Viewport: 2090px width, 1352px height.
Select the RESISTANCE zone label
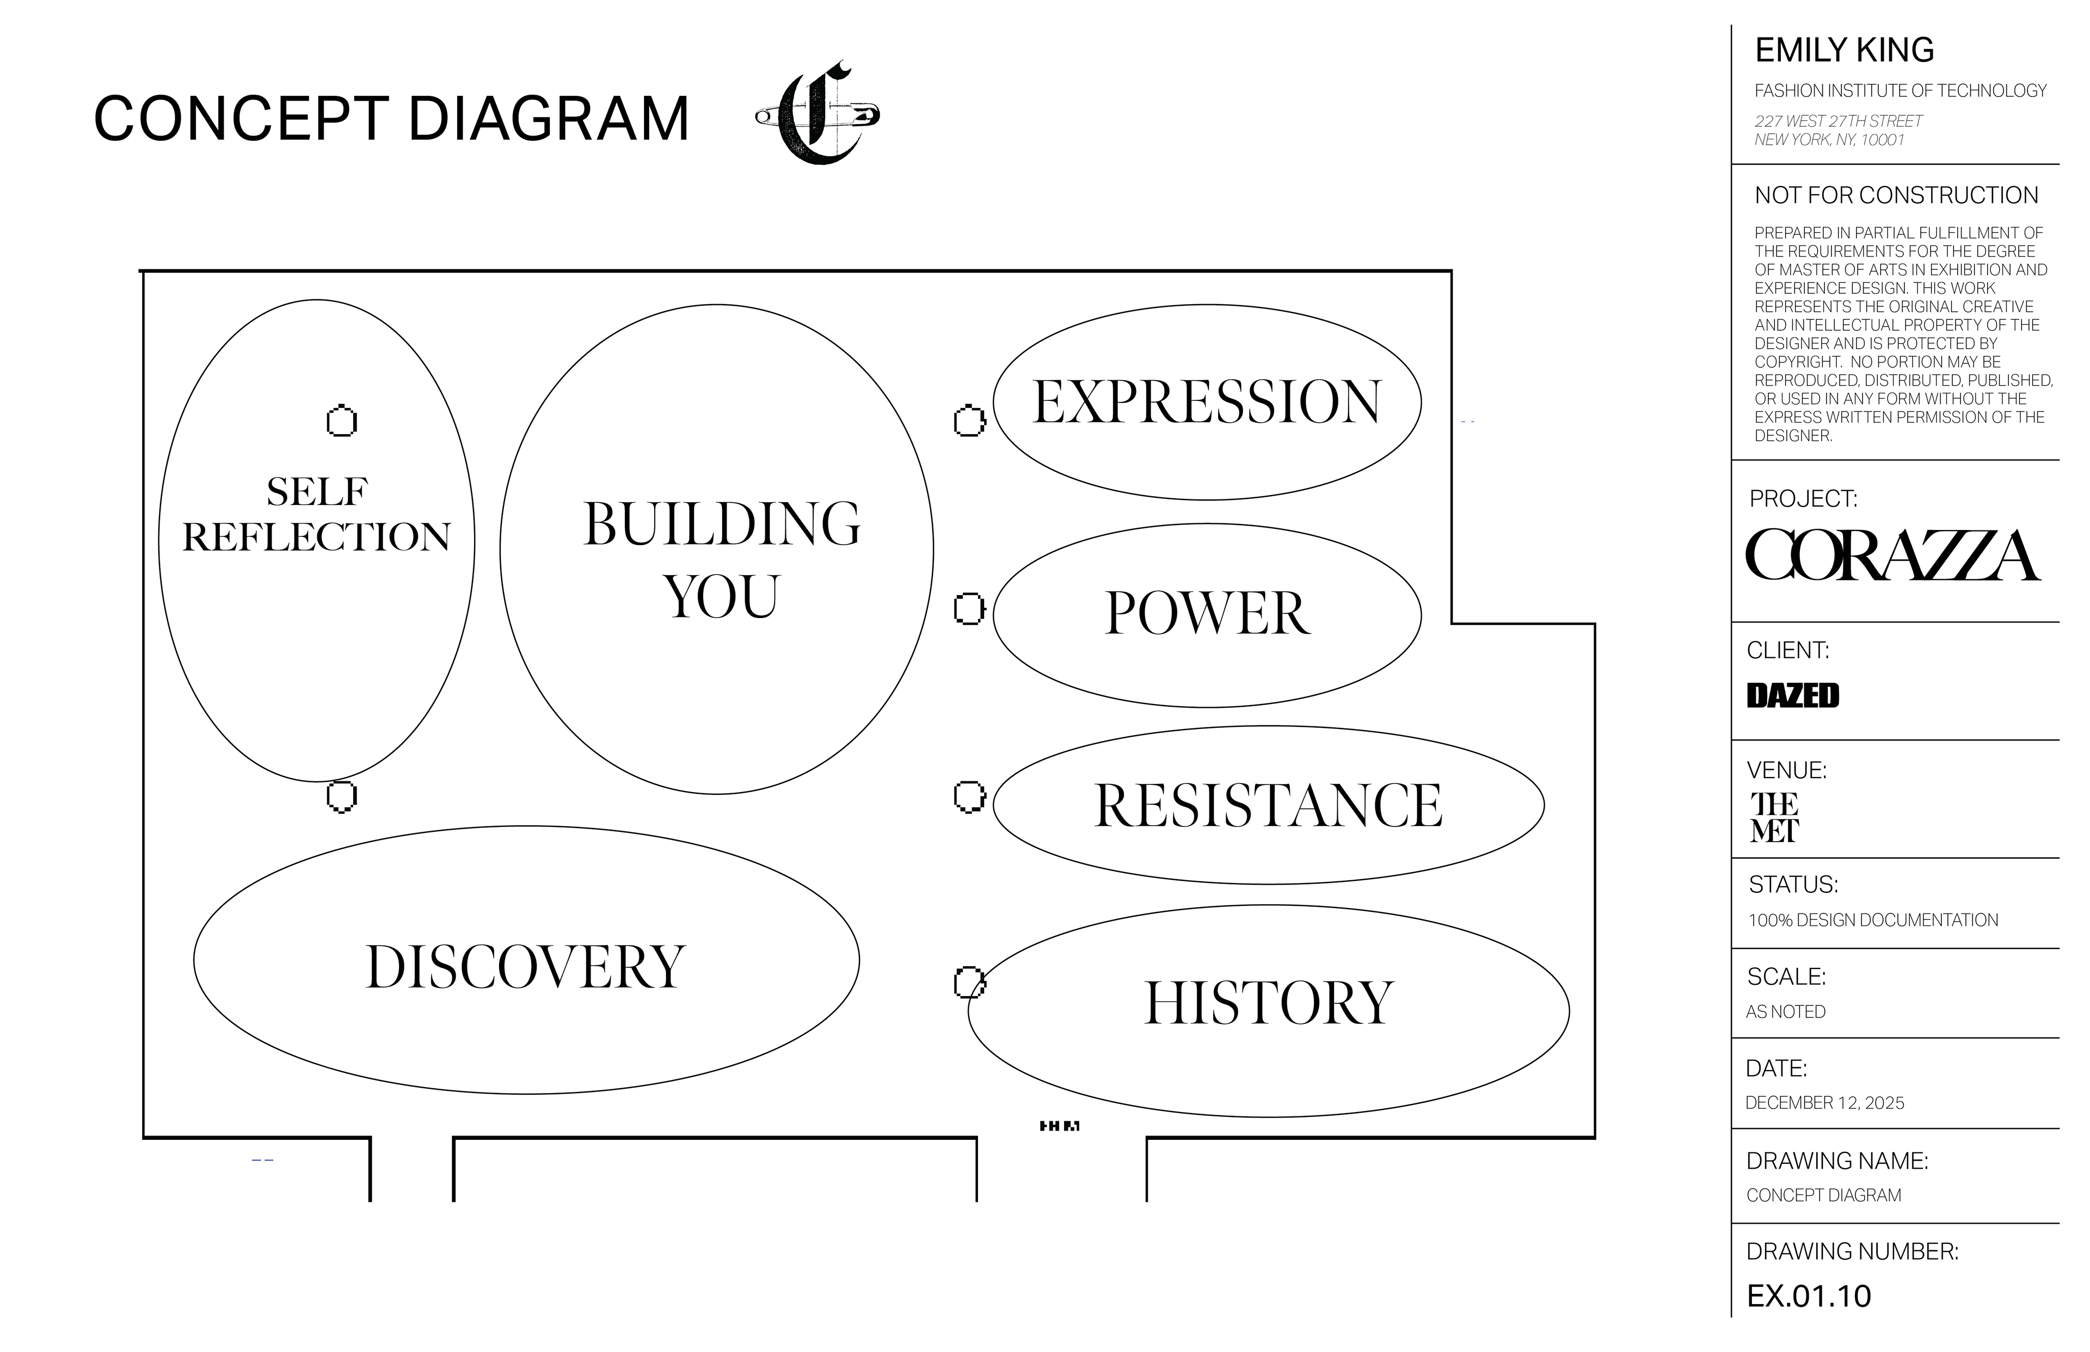tap(1267, 805)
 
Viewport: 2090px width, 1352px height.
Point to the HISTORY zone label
tap(1268, 1003)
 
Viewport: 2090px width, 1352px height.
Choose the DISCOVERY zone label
tap(525, 967)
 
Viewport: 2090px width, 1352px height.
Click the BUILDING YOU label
tap(721, 559)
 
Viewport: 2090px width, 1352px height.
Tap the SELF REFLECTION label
tap(316, 515)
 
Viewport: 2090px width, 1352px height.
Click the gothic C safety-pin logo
tap(817, 114)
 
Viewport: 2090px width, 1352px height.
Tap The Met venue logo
tap(1774, 817)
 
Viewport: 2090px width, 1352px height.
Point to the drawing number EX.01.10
tap(1809, 1296)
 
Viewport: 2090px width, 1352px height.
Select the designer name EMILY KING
tap(1844, 50)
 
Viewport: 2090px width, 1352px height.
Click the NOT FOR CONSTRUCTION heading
tap(1896, 195)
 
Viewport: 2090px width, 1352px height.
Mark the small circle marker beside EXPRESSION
tap(969, 422)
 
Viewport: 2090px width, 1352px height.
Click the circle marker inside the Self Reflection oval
tap(342, 422)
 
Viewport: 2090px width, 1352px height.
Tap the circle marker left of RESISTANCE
tap(969, 797)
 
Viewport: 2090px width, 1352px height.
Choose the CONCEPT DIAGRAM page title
tap(392, 119)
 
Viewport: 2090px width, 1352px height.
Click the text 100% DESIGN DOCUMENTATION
tap(1873, 920)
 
